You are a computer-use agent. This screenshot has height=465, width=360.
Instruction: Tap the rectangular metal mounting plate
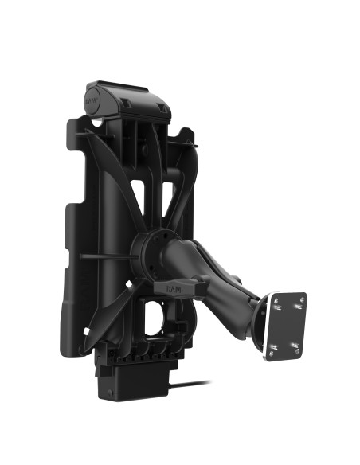[286, 325]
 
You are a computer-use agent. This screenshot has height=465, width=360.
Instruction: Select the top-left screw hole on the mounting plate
[278, 303]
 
